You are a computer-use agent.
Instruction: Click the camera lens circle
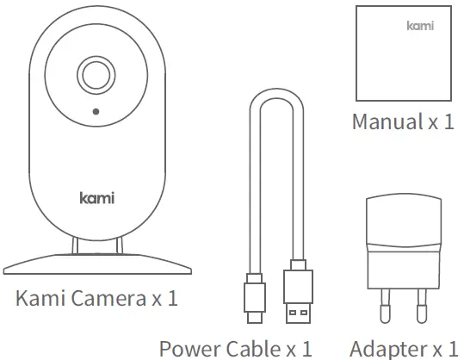[95, 75]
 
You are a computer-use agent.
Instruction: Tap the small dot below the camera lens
[95, 112]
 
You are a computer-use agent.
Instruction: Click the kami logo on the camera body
[96, 198]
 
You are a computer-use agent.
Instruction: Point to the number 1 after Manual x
[448, 121]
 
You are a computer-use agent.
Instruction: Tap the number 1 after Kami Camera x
[172, 300]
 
